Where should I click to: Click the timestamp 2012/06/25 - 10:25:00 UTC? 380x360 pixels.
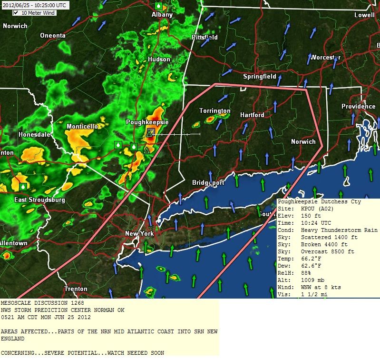pyautogui.click(x=34, y=5)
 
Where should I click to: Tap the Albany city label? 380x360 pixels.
pyautogui.click(x=162, y=15)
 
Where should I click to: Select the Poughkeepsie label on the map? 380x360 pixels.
pyautogui.click(x=147, y=122)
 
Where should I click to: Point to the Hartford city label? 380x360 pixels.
pyautogui.click(x=252, y=115)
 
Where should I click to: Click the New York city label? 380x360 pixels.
pyautogui.click(x=139, y=233)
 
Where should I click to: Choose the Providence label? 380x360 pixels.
pyautogui.click(x=358, y=106)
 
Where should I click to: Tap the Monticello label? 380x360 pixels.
pyautogui.click(x=82, y=126)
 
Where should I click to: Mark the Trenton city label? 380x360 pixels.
pyautogui.click(x=76, y=289)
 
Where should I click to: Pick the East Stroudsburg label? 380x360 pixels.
pyautogui.click(x=39, y=200)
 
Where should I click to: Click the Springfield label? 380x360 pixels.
pyautogui.click(x=260, y=76)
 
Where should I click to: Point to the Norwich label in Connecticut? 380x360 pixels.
pyautogui.click(x=303, y=141)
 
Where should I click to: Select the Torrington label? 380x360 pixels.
pyautogui.click(x=215, y=111)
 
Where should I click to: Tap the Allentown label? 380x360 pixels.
pyautogui.click(x=13, y=243)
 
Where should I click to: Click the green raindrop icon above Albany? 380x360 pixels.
pyautogui.click(x=158, y=6)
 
